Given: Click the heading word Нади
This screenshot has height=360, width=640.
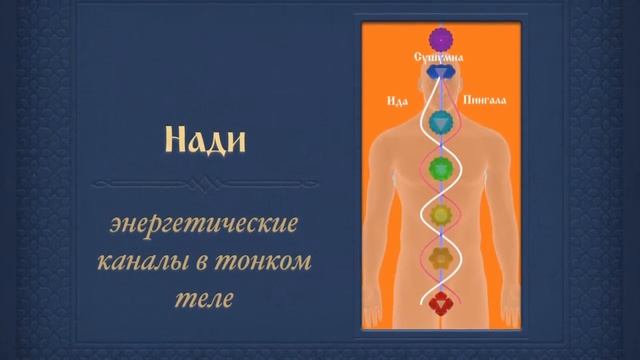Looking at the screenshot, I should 204,141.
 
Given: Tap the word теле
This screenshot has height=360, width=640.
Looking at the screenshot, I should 205,298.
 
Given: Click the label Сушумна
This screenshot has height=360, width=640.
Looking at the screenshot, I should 441,59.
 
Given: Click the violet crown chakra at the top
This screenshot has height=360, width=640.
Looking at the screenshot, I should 441,39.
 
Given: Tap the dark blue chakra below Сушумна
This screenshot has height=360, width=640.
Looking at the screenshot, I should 441,74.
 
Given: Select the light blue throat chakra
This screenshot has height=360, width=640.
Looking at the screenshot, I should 441,123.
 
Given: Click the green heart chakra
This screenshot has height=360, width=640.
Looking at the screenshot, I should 441,169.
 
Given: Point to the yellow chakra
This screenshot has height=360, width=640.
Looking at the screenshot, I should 441,213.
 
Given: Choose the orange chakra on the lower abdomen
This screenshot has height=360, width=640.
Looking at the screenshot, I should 441,258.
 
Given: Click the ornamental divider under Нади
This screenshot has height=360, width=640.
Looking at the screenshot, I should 204,185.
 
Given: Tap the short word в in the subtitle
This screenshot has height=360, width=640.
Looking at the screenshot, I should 220,263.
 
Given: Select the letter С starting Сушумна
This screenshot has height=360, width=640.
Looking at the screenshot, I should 419,59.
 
